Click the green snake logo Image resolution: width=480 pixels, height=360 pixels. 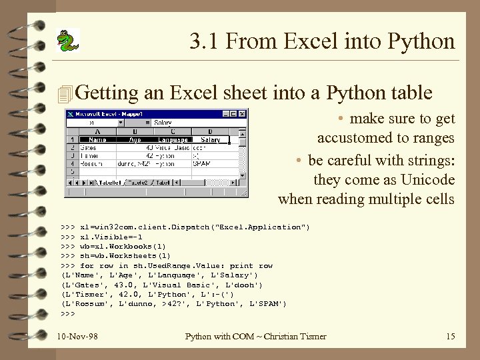click(x=66, y=41)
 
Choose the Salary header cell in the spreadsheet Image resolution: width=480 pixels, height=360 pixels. click(x=210, y=140)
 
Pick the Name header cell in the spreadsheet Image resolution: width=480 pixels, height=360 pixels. click(x=97, y=140)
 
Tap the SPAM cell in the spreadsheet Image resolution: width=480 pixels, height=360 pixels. click(x=201, y=163)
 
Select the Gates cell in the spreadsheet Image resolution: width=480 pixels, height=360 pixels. click(x=89, y=147)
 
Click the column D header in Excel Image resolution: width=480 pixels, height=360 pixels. click(x=210, y=132)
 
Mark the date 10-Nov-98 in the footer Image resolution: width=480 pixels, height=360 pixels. click(x=78, y=336)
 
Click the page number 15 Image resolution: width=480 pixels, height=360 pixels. click(x=450, y=336)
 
